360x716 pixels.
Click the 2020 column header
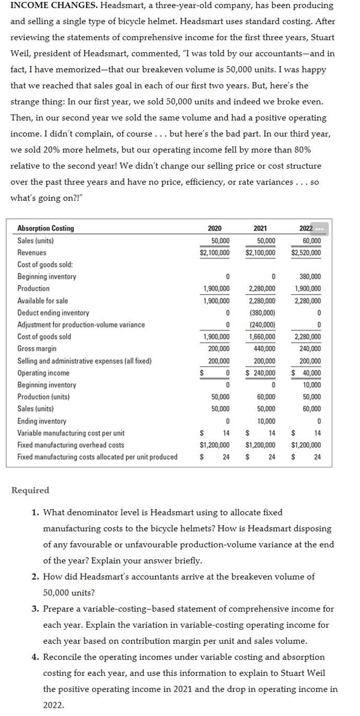point(214,228)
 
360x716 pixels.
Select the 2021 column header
point(260,228)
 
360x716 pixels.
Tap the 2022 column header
point(306,228)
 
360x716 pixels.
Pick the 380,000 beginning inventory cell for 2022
point(309,277)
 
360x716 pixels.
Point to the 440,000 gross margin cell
point(265,349)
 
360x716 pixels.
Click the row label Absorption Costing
point(46,228)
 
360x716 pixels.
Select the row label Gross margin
point(37,349)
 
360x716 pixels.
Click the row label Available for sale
point(43,301)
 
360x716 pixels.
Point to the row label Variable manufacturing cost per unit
point(71,433)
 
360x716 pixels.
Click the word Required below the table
point(30,490)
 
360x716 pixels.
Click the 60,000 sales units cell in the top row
point(311,241)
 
